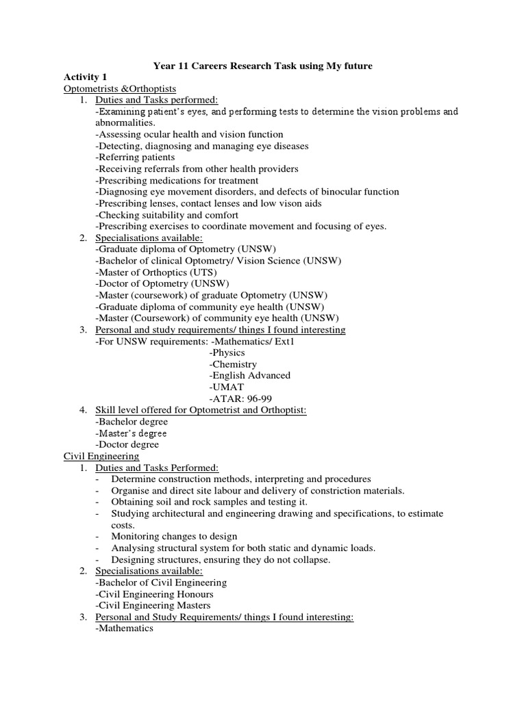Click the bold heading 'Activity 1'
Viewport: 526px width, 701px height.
tap(86, 77)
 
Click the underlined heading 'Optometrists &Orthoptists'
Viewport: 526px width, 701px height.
tap(120, 88)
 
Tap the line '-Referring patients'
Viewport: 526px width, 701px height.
tap(135, 157)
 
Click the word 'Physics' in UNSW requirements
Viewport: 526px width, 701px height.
tap(227, 353)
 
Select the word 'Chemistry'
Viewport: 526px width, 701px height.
tap(233, 364)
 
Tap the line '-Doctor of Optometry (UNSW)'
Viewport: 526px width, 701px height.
tap(163, 283)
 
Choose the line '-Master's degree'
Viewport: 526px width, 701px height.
tap(131, 433)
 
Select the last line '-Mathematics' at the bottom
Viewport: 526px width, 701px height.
tap(125, 628)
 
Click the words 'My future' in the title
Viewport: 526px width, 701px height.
tap(347, 65)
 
